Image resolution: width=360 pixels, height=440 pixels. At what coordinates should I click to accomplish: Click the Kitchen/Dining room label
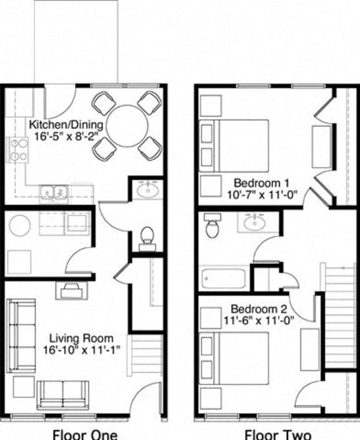point(66,124)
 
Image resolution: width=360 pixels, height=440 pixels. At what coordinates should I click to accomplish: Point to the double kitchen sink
point(52,191)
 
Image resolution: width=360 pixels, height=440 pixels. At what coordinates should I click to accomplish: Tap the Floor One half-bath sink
point(148,189)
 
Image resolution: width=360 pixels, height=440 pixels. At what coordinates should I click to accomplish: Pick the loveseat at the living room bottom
point(63,393)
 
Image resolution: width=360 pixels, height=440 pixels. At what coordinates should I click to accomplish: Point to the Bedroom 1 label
point(261,182)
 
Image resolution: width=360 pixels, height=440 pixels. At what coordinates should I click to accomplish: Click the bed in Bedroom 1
point(234,145)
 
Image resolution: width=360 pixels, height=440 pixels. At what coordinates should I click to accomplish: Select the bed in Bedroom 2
point(234,358)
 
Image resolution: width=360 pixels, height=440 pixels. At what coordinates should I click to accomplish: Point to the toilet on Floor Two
point(212,226)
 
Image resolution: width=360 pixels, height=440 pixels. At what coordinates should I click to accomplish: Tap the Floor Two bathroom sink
point(255,222)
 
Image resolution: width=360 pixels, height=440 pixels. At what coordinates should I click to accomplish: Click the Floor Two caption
point(277,434)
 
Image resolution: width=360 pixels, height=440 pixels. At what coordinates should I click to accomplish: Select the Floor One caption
point(84,434)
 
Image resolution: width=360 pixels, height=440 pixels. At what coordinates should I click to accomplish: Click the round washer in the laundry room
point(20,226)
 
